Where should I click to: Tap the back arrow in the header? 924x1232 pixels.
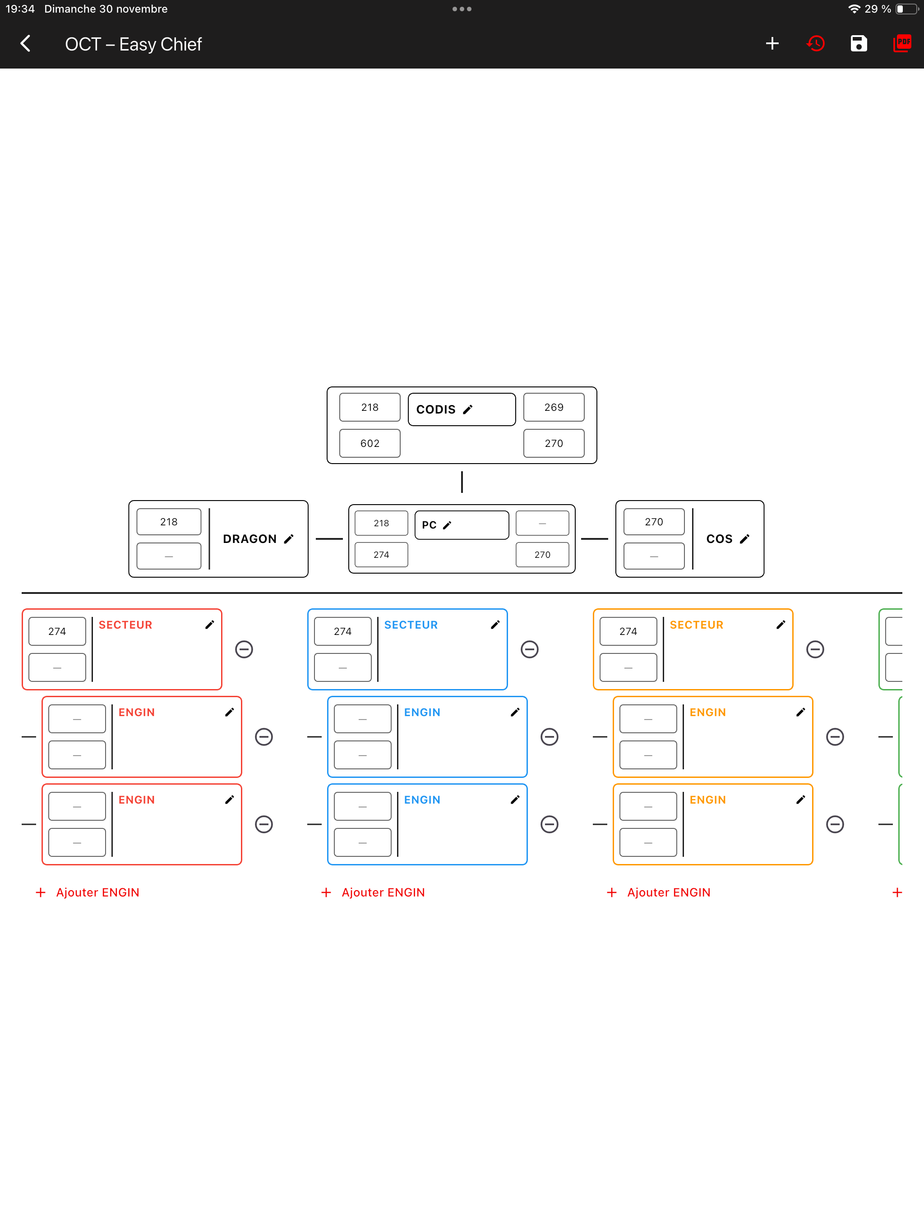[x=25, y=43]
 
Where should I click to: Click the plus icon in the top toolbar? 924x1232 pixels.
[x=772, y=43]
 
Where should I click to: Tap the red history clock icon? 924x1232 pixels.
[x=815, y=43]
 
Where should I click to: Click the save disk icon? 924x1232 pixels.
[x=859, y=43]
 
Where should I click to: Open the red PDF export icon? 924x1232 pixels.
[x=902, y=43]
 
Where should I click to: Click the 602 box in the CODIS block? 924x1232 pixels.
[x=370, y=443]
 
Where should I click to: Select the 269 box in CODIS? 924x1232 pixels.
[x=554, y=407]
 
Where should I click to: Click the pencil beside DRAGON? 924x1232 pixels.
[x=289, y=538]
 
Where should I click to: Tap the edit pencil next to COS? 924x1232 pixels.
[x=744, y=538]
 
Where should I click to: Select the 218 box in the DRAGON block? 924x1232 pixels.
[x=169, y=522]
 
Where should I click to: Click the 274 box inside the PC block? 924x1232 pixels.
[x=382, y=555]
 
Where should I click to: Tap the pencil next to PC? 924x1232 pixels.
[x=447, y=524]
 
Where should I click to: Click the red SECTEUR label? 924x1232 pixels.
[x=125, y=625]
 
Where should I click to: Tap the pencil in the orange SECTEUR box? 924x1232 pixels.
[x=781, y=625]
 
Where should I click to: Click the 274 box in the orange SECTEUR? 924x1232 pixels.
[x=628, y=631]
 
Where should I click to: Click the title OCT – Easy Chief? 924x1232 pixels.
[x=133, y=44]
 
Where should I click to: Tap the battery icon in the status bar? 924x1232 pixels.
[x=907, y=9]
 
